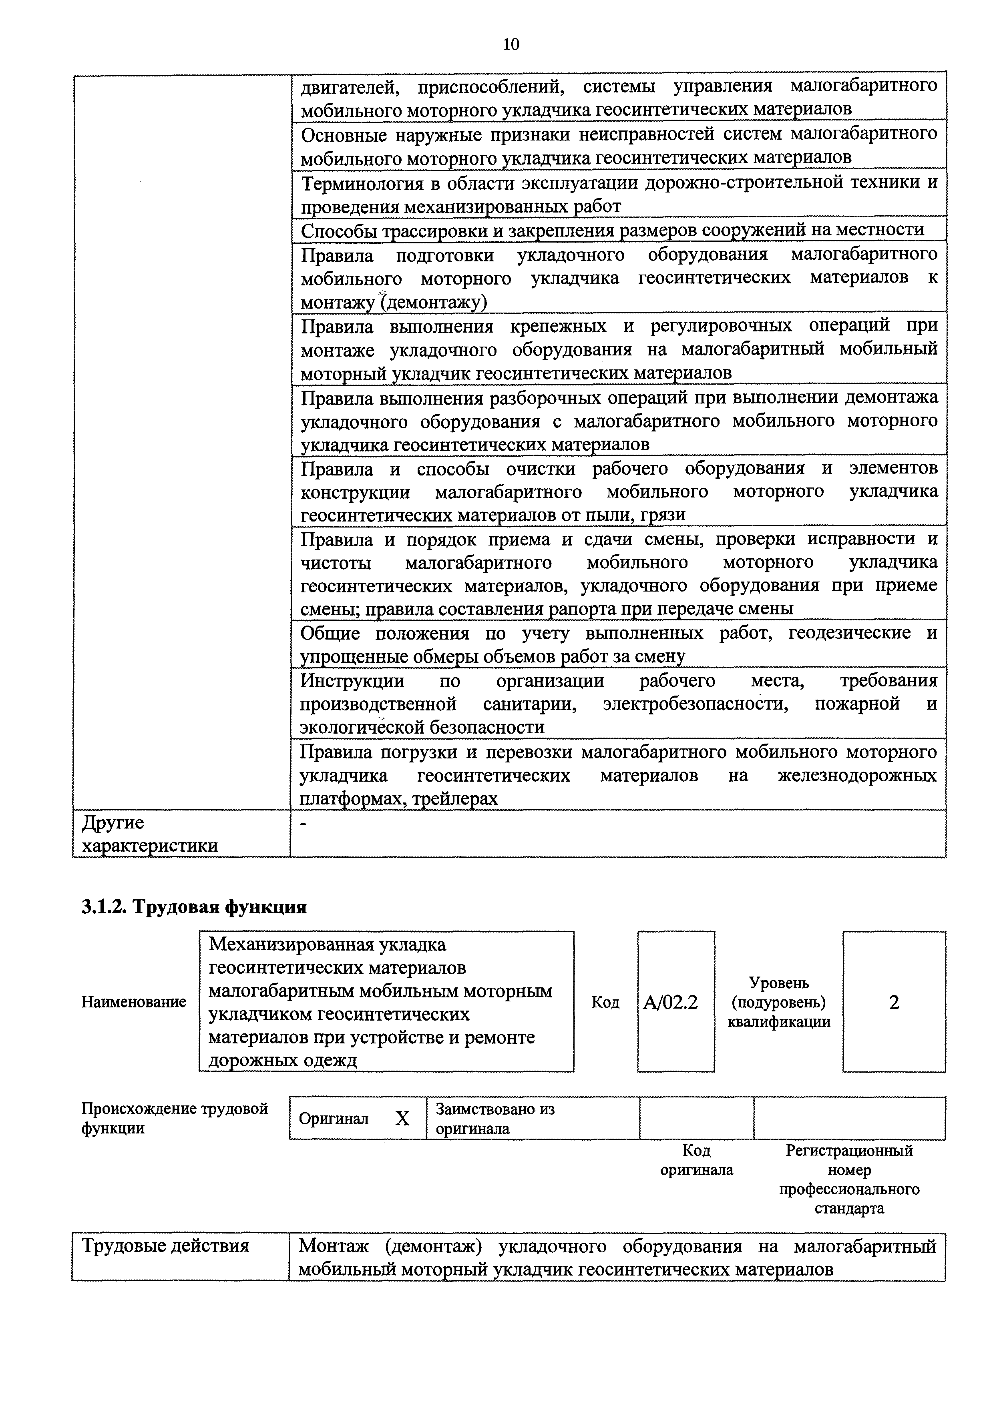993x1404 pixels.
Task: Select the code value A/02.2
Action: point(671,1003)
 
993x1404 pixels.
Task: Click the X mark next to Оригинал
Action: point(402,1118)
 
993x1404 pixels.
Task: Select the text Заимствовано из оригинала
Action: point(495,1118)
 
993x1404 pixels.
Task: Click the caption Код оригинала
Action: point(696,1160)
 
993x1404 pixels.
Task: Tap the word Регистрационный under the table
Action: point(849,1151)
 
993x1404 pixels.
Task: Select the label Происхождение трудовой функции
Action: point(175,1118)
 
